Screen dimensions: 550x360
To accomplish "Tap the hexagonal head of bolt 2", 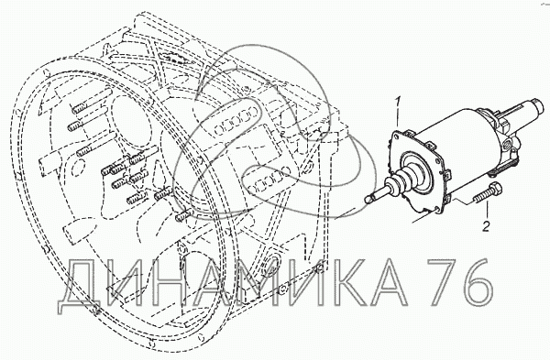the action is pos(495,190).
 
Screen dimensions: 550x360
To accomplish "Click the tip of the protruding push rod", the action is pos(368,200).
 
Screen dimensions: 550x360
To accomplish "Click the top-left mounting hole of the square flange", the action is pos(395,135).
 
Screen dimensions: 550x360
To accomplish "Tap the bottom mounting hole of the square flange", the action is pos(436,209).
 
